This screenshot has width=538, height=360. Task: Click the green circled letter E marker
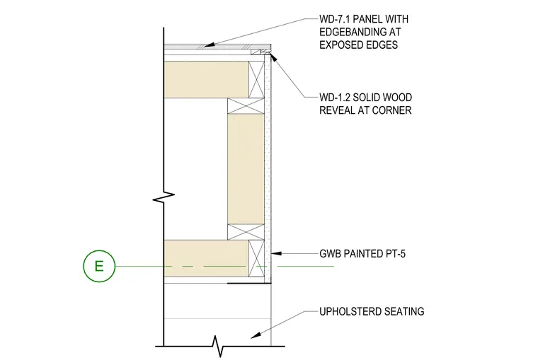pos(99,266)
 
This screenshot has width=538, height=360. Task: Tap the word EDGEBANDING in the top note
pos(353,32)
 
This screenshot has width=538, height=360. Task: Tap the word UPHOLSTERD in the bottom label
pos(350,312)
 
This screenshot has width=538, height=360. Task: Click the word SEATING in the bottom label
pos(404,312)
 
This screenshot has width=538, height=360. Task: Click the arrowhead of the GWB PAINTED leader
pos(276,254)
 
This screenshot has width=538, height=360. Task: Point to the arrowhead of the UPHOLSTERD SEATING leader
pos(256,336)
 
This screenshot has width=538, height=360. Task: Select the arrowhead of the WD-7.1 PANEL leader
pos(210,45)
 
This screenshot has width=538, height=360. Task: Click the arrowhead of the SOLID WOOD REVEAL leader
pos(274,57)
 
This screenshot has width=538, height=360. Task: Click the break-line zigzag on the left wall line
pos(164,197)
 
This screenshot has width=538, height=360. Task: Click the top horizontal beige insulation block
pos(206,79)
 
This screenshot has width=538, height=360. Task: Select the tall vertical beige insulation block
pos(246,169)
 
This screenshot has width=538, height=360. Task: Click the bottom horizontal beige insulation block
pos(206,258)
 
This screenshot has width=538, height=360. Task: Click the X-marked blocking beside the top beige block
pos(257,79)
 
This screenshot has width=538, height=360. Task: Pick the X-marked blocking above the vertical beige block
pos(246,106)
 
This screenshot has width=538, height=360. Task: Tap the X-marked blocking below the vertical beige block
pos(246,232)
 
